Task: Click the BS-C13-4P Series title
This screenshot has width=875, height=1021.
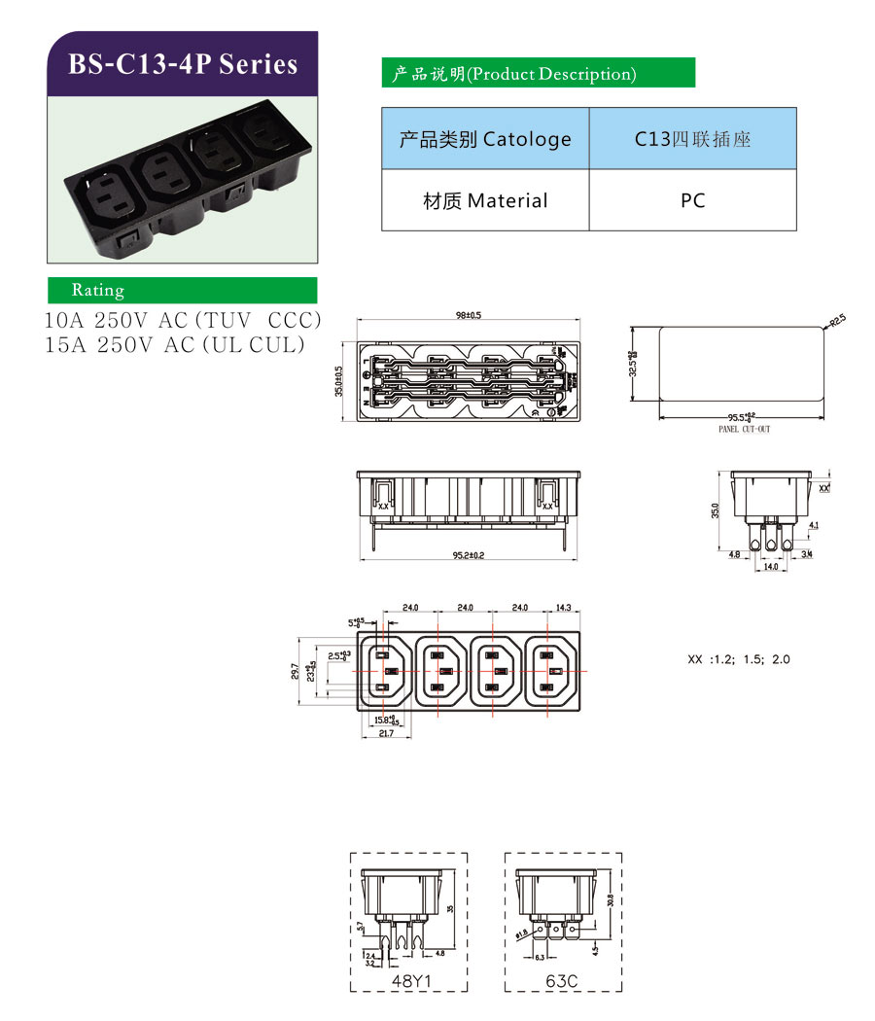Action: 183,64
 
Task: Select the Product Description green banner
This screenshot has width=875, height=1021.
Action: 539,73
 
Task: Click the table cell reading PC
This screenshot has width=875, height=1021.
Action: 692,200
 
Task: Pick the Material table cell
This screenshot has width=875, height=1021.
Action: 485,200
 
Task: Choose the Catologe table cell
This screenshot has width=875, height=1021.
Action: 485,139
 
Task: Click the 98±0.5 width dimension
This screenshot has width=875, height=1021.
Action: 469,315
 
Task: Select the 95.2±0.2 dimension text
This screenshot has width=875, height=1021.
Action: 467,555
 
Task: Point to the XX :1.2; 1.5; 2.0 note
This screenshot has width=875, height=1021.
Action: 739,659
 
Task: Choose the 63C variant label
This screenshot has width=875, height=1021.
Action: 563,982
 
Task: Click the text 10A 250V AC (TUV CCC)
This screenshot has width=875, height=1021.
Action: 183,321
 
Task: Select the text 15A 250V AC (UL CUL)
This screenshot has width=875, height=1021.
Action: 175,344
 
